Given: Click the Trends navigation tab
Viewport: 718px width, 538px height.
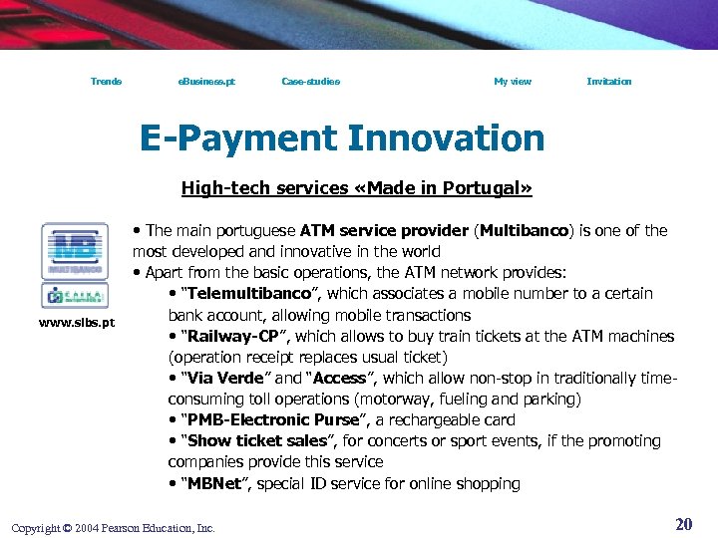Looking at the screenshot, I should click(106, 82).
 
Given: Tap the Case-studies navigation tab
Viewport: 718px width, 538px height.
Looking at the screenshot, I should click(310, 82).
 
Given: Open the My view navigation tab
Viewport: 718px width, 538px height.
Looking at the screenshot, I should click(513, 82).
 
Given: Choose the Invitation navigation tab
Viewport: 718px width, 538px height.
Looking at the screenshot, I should click(608, 82).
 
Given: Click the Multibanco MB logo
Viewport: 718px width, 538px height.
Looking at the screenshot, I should click(75, 251).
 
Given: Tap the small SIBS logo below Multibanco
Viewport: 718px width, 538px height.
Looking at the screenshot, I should click(75, 296).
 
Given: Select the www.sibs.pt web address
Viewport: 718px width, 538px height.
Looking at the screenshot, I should click(77, 322).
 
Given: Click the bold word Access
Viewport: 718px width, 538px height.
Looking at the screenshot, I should click(340, 379).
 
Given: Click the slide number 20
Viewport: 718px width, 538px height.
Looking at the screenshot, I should click(683, 524).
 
